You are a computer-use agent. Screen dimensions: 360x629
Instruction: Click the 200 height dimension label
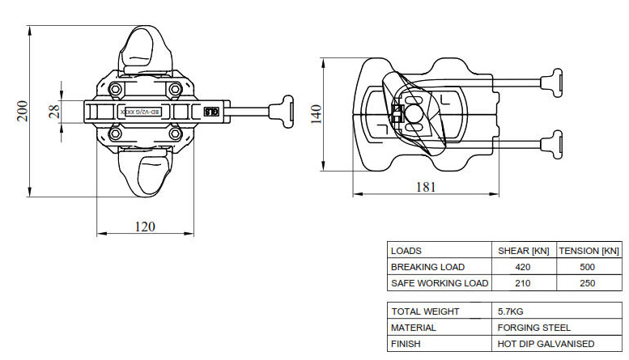pos(22,110)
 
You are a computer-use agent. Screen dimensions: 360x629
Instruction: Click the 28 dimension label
pos(54,111)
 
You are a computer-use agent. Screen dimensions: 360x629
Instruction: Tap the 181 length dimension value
pos(425,187)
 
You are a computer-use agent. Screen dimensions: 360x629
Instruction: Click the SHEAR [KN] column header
pos(523,251)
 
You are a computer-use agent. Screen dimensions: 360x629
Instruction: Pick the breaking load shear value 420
pos(523,267)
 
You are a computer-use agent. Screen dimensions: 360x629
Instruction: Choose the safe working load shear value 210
pos(523,283)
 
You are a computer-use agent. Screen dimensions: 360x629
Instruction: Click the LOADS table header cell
pos(406,251)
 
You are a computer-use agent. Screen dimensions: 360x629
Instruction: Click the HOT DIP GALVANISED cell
pos(546,344)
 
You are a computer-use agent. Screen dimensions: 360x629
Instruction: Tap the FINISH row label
pos(406,344)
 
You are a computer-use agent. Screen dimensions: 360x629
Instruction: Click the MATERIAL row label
pos(414,328)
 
